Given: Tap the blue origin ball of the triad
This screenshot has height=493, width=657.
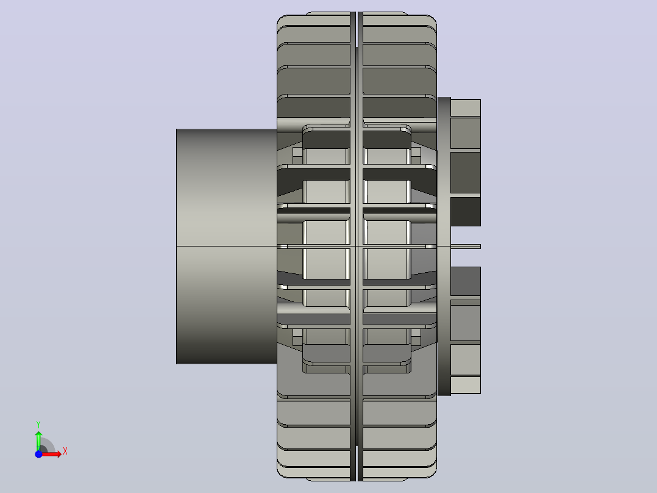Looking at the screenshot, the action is click(38, 455).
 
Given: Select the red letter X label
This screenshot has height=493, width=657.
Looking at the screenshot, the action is click(65, 452).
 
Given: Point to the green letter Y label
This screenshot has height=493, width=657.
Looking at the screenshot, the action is click(38, 425).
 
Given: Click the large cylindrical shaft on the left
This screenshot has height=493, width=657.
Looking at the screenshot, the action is click(227, 246).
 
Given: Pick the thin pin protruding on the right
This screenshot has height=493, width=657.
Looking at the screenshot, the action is click(466, 246).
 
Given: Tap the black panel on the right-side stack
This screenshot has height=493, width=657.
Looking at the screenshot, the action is click(466, 212).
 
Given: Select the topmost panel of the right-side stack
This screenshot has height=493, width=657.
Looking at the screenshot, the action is click(466, 108).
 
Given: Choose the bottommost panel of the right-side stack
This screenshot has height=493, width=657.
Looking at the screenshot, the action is click(466, 385).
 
